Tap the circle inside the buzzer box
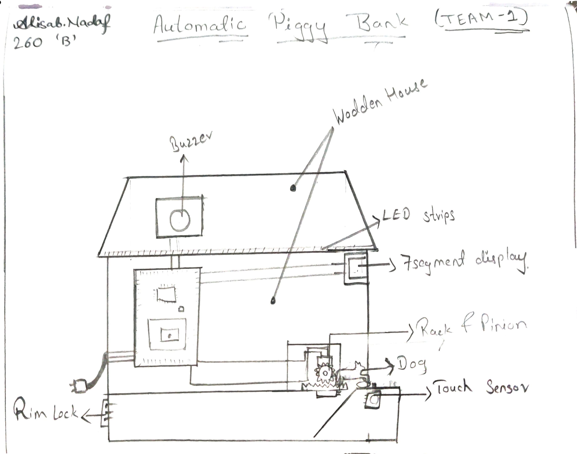click(180, 220)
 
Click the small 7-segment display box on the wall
click(356, 269)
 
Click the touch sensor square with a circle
click(372, 400)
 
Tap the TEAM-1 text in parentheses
click(481, 19)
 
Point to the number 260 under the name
click(28, 43)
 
